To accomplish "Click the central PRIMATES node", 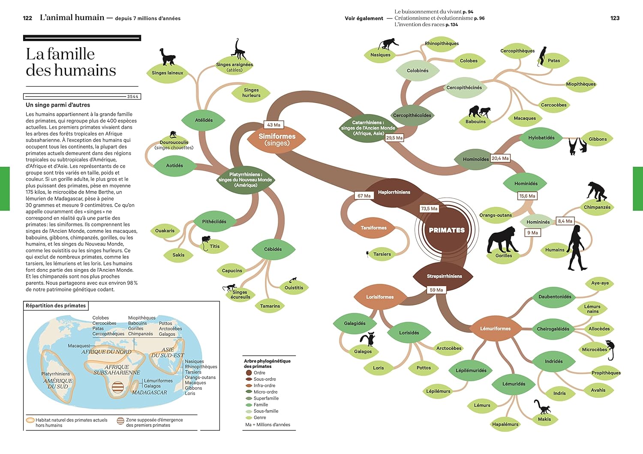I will [447, 230].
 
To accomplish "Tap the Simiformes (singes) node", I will [277, 139].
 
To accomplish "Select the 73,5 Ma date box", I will [429, 209].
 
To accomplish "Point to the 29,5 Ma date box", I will [394, 138].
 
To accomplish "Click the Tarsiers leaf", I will [382, 254].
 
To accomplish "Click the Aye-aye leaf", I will [600, 283].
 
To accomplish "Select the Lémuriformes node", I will [495, 329].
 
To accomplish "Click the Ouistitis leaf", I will [294, 288].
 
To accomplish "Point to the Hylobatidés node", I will [541, 138].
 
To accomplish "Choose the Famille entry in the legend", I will [261, 405].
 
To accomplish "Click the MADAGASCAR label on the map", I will [149, 393].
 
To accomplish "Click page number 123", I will [615, 18].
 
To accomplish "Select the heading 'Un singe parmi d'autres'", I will [58, 105].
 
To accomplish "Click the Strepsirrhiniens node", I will [444, 277].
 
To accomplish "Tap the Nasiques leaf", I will [380, 55].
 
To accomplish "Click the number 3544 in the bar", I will [132, 96].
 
